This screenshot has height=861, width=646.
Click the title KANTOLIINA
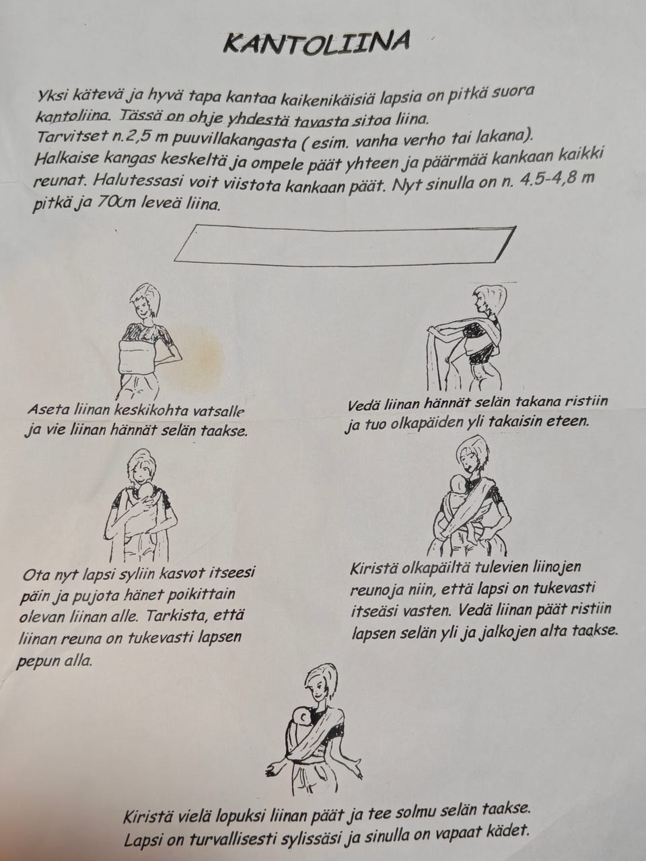point(316,43)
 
